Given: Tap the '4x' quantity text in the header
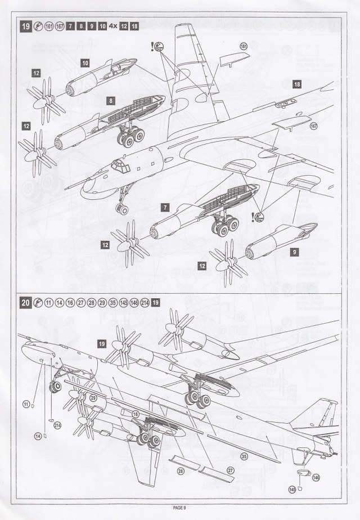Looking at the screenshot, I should tap(112, 26).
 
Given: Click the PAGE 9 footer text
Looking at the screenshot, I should tap(180, 508).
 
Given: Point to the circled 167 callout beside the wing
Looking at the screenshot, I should tap(314, 125).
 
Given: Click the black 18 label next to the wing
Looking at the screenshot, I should tap(297, 83).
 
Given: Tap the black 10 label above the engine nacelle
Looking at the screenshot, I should tap(84, 63).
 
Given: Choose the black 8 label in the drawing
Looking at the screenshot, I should tap(111, 101).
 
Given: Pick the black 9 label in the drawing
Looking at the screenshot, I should tap(294, 253).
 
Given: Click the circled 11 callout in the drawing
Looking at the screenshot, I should tap(26, 404).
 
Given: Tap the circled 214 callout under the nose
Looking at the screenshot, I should tap(57, 426).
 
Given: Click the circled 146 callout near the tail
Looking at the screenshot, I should tap(316, 477).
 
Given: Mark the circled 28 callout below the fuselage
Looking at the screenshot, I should tap(181, 470).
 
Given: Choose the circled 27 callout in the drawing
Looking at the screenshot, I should tap(229, 470).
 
